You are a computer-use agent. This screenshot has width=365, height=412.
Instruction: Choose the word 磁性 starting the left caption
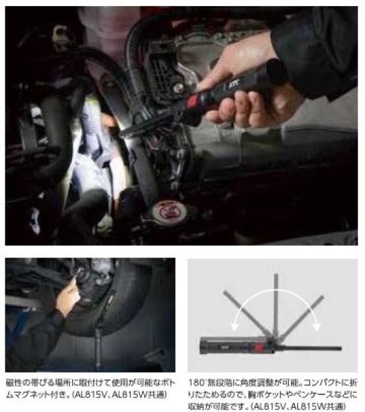pyautogui.click(x=13, y=380)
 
